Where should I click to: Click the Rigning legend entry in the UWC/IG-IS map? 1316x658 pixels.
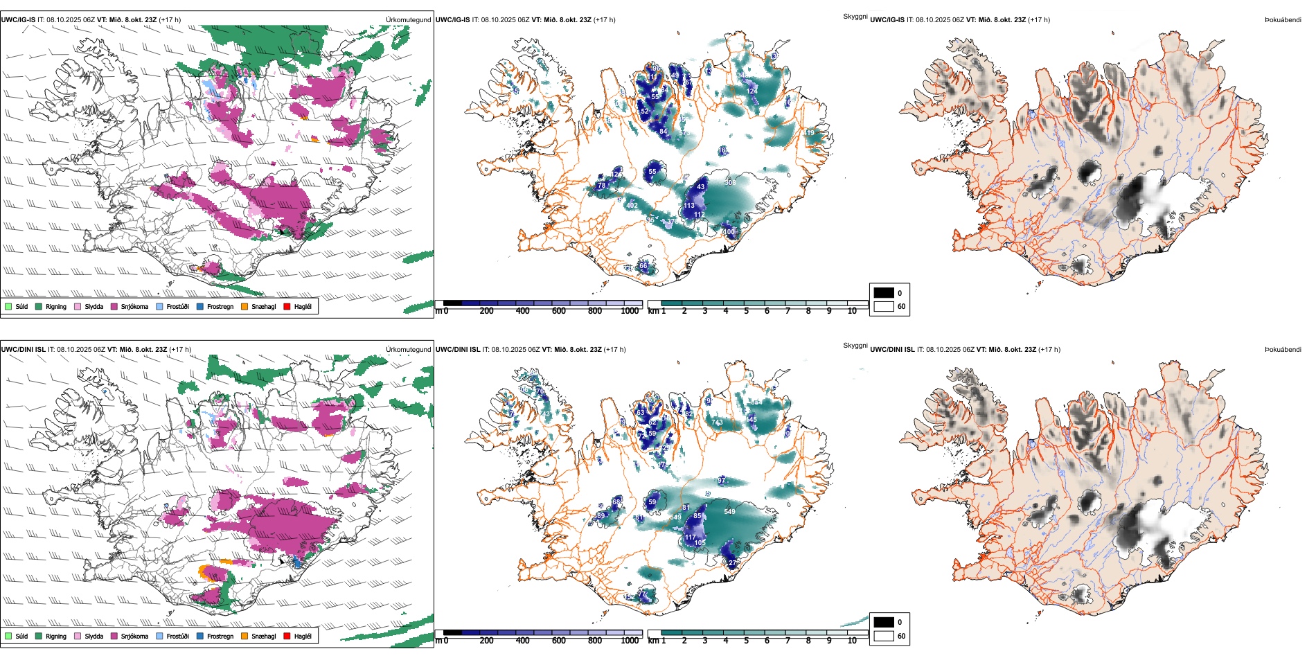pyautogui.click(x=55, y=307)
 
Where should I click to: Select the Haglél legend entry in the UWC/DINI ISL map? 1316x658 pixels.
pyautogui.click(x=303, y=637)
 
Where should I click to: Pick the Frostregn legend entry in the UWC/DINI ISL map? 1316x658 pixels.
pyautogui.click(x=220, y=637)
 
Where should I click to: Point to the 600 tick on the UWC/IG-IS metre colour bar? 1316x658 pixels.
pyautogui.click(x=558, y=311)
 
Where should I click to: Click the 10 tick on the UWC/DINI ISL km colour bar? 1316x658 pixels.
pyautogui.click(x=852, y=641)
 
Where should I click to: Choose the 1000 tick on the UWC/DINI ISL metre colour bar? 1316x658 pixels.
pyautogui.click(x=630, y=641)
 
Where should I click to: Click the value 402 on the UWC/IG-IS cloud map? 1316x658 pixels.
pyautogui.click(x=632, y=206)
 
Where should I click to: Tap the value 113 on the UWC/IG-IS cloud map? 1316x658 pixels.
pyautogui.click(x=689, y=206)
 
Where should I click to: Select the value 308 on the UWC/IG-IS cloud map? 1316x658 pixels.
pyautogui.click(x=730, y=183)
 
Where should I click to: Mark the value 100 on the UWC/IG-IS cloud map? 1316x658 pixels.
pyautogui.click(x=728, y=232)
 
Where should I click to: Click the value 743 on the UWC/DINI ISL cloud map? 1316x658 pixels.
pyautogui.click(x=717, y=423)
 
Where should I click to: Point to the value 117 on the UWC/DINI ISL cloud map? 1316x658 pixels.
pyautogui.click(x=690, y=537)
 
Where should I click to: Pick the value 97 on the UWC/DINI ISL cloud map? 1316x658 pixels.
pyautogui.click(x=721, y=481)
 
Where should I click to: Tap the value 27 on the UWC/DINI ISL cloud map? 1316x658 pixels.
pyautogui.click(x=732, y=563)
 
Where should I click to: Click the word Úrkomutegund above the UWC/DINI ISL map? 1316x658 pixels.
pyautogui.click(x=408, y=350)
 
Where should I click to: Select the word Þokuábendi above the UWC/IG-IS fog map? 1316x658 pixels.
pyautogui.click(x=1283, y=20)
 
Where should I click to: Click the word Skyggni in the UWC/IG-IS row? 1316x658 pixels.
pyautogui.click(x=855, y=16)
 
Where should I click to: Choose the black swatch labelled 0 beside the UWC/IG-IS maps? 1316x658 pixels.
pyautogui.click(x=884, y=293)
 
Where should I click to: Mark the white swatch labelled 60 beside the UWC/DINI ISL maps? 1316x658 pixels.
pyautogui.click(x=884, y=636)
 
